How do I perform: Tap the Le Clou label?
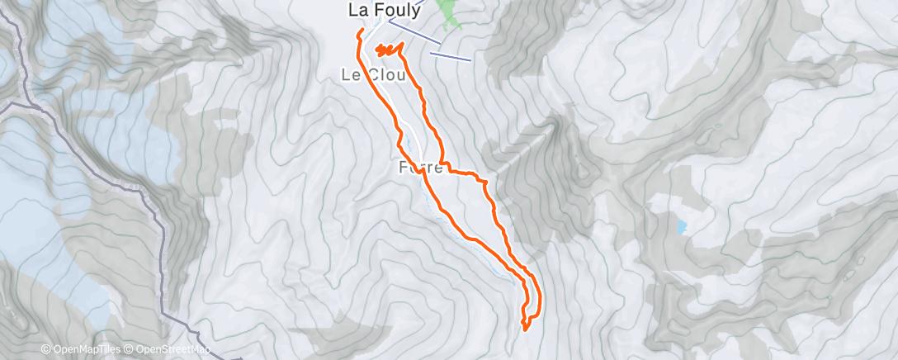tap(373, 75)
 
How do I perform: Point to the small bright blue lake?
tap(680, 225)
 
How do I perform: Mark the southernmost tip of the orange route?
tap(526, 329)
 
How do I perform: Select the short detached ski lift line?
tap(451, 56)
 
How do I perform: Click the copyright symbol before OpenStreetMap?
tap(129, 350)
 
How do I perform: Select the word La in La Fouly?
tap(357, 10)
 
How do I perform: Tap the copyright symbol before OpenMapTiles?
tap(46, 350)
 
